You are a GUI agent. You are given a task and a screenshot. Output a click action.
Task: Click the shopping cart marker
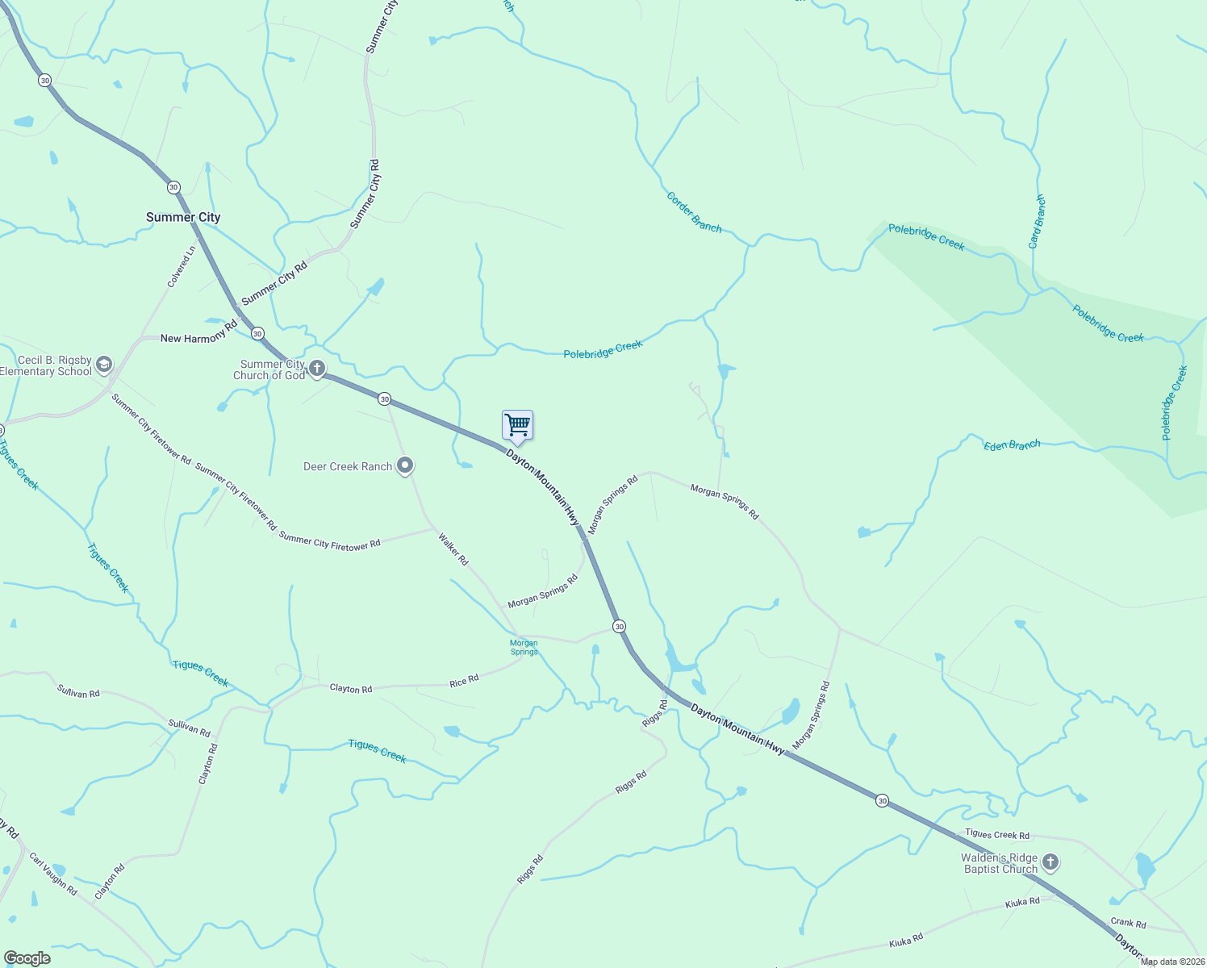point(517,425)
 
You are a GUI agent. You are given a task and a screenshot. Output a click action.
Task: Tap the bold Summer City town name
point(183,217)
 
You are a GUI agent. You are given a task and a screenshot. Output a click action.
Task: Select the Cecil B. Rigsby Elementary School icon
point(104,365)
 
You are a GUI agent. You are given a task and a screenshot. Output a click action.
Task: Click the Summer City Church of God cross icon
point(317,369)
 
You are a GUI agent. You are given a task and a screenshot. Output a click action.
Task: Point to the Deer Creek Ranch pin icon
point(406,466)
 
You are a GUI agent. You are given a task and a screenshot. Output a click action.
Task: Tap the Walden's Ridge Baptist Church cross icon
point(1050,863)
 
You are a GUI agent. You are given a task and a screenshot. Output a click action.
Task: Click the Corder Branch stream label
point(694,212)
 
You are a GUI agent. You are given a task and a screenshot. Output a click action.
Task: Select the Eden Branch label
point(1012,445)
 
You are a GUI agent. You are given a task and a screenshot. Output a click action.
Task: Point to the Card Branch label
point(1038,221)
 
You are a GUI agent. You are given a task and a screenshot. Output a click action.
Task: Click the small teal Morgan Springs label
point(524,648)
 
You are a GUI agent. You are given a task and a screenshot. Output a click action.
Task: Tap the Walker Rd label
point(453,549)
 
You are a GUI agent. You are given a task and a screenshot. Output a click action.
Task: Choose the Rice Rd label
point(464,681)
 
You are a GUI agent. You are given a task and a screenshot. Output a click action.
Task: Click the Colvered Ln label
point(182,267)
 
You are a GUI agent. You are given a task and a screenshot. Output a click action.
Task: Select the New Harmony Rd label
point(199,332)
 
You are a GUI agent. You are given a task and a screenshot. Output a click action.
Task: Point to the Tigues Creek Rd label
point(997,835)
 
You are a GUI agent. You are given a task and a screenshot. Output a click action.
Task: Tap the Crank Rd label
point(1128,922)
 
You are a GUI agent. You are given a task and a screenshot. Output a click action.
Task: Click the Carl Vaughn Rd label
point(53,874)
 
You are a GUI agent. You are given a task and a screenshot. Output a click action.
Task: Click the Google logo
point(27,958)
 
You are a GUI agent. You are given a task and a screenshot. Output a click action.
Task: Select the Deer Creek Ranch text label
point(348,466)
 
